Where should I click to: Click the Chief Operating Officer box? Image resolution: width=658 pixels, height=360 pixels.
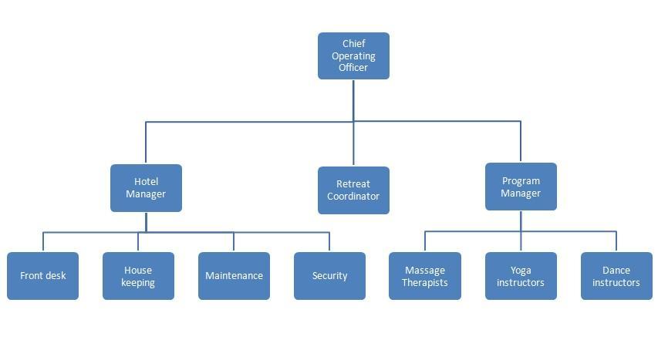pyautogui.click(x=353, y=56)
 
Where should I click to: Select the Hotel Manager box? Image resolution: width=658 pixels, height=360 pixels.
pyautogui.click(x=146, y=187)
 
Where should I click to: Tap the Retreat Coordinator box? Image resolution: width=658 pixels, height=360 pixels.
pyautogui.click(x=353, y=190)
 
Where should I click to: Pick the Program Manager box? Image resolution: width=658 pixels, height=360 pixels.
pyautogui.click(x=521, y=187)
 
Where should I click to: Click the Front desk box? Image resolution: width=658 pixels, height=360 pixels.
pyautogui.click(x=42, y=275)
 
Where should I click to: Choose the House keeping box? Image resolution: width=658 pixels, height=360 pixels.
pyautogui.click(x=138, y=275)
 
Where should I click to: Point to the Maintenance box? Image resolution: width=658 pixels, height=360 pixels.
pyautogui.click(x=234, y=275)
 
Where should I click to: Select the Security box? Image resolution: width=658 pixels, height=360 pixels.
pyautogui.click(x=329, y=275)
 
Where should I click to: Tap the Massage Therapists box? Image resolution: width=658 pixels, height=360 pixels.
pyautogui.click(x=425, y=275)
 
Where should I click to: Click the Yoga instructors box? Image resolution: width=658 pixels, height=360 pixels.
pyautogui.click(x=521, y=275)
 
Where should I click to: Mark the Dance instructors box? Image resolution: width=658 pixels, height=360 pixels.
pyautogui.click(x=616, y=275)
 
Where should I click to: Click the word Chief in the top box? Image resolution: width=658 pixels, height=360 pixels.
pyautogui.click(x=354, y=44)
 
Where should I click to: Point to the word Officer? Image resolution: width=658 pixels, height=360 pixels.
pyautogui.click(x=353, y=67)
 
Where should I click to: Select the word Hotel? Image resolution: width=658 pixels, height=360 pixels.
pyautogui.click(x=146, y=182)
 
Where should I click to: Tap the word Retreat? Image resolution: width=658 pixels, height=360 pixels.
pyautogui.click(x=353, y=184)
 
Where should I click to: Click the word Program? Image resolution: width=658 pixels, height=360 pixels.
pyautogui.click(x=521, y=181)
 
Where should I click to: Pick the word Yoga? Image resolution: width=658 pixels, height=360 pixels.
pyautogui.click(x=521, y=270)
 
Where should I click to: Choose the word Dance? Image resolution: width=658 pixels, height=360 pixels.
pyautogui.click(x=616, y=270)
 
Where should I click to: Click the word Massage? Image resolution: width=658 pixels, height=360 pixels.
pyautogui.click(x=425, y=270)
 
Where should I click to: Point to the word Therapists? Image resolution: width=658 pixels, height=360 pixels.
pyautogui.click(x=425, y=282)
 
